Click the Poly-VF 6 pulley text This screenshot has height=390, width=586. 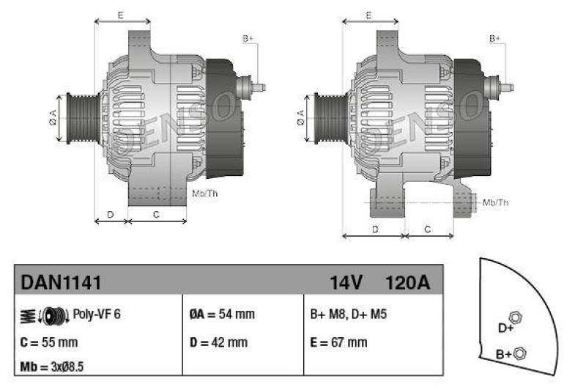tap(97, 314)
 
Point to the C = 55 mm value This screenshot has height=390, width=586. tap(49, 342)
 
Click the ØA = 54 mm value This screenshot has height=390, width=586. tap(222, 314)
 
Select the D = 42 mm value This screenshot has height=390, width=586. tap(218, 342)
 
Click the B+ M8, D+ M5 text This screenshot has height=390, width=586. tap(349, 314)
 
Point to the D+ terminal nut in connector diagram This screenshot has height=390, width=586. tap(516, 317)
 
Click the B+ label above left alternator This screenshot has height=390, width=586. tap(248, 38)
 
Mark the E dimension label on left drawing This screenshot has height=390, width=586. tap(121, 15)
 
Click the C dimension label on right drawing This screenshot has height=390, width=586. tap(429, 229)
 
